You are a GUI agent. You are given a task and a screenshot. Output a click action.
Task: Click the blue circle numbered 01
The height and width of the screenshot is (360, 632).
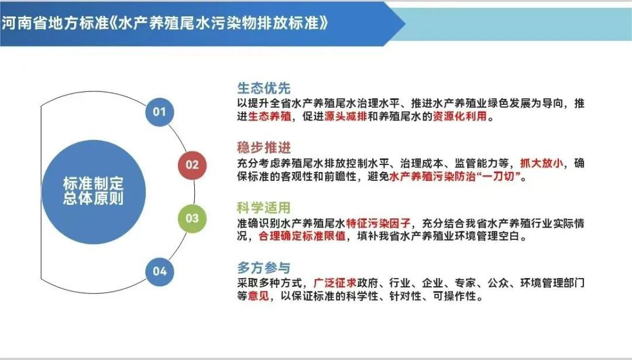coord(160,112)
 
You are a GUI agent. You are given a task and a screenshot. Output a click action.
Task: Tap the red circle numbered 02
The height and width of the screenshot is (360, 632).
coord(193,165)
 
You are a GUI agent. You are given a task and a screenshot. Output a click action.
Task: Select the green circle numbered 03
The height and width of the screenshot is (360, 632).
coord(193,218)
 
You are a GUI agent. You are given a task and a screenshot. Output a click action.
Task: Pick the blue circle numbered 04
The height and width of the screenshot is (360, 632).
coord(160,271)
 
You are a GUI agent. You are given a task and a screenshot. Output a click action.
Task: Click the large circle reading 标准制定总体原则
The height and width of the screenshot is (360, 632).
coord(94,191)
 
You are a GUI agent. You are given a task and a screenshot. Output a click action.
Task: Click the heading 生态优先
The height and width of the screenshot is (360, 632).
coord(263,88)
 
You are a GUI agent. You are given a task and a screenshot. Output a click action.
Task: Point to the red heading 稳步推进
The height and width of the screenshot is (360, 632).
coord(263,148)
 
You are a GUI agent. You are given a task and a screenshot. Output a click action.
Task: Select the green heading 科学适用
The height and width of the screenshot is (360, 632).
coord(263,208)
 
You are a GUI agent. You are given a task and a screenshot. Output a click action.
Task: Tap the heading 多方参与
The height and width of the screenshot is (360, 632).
coord(263,268)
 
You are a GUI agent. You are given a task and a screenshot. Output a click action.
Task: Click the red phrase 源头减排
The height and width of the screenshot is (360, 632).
coord(346,116)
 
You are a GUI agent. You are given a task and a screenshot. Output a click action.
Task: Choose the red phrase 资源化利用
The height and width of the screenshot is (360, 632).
coord(460,116)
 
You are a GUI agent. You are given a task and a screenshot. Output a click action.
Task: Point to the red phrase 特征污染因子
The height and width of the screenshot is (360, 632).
coord(379,223)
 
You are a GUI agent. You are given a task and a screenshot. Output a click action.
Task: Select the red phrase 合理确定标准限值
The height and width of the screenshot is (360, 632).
coord(303,236)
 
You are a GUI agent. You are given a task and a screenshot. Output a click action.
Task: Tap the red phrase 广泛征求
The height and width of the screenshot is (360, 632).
coord(335,283)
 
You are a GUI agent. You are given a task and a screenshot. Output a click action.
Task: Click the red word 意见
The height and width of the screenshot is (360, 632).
coord(259,296)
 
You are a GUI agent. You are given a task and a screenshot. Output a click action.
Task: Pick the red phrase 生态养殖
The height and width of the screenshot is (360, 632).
coord(270,116)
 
